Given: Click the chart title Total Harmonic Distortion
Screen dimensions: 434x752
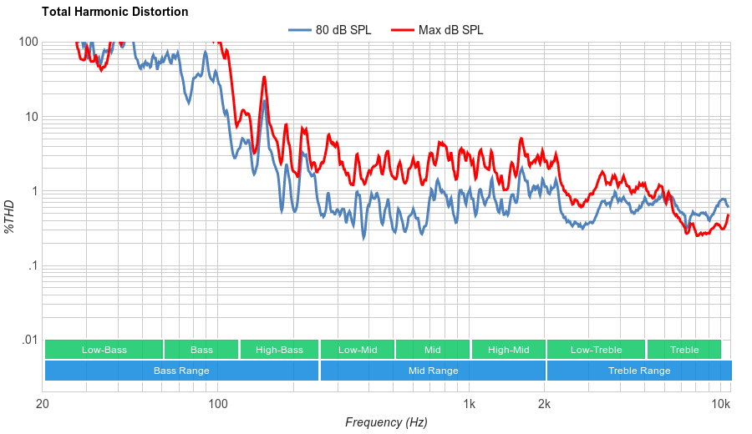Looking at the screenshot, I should (x=115, y=13).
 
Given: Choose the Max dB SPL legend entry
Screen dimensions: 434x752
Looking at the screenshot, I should (x=450, y=30).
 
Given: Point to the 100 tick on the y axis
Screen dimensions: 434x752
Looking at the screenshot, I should (x=28, y=43).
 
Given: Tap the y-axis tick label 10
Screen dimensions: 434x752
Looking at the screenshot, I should (x=32, y=117).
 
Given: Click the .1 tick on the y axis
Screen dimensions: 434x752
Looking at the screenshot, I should (x=33, y=266).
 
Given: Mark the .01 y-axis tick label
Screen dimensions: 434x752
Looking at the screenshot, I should (x=30, y=341).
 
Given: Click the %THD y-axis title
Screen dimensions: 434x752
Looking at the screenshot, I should (x=10, y=216).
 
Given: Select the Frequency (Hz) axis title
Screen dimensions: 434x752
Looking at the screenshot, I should (x=386, y=422).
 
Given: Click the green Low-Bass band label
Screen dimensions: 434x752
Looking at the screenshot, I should (x=104, y=350).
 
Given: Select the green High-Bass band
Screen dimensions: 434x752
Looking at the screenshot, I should (x=279, y=350).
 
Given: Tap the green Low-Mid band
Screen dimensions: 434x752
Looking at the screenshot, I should (x=358, y=350).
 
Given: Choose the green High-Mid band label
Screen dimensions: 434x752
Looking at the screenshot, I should (x=508, y=350).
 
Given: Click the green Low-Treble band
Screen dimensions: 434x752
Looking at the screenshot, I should (x=596, y=350).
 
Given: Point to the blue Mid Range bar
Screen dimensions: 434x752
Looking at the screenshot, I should (x=433, y=371).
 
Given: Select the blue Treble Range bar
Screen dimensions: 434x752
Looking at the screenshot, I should (x=639, y=371).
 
